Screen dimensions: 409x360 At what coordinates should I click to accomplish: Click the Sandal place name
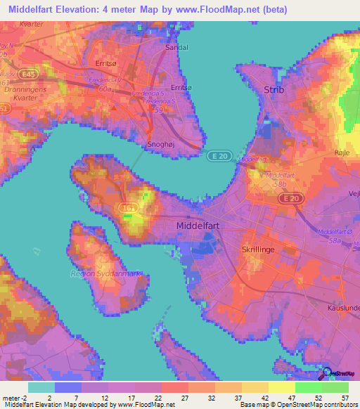176,48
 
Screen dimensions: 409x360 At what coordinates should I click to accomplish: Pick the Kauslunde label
344,308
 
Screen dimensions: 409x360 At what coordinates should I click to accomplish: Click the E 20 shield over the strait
214,157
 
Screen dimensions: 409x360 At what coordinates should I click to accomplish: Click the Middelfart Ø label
335,231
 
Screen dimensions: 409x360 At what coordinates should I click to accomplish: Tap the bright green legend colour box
308,387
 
